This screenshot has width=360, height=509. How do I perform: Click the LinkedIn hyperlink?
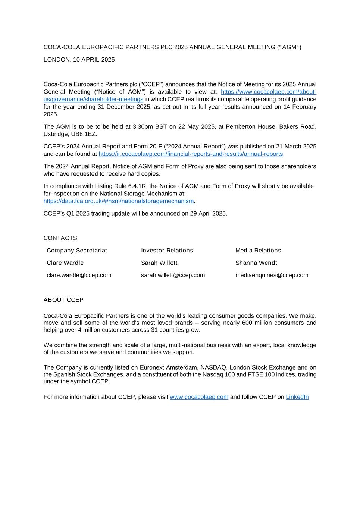(x=297, y=397)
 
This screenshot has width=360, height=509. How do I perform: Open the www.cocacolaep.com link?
(x=199, y=397)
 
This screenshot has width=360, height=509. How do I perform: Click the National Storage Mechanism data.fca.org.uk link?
(x=119, y=201)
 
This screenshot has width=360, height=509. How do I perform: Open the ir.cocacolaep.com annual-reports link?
(x=191, y=154)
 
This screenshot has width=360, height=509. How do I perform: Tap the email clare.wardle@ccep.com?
(x=79, y=275)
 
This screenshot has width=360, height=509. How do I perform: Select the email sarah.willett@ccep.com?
(x=173, y=275)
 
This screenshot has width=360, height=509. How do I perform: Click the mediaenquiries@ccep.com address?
(x=272, y=275)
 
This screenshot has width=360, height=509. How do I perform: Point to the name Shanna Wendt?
(x=256, y=263)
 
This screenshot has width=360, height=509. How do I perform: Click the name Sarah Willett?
(x=159, y=263)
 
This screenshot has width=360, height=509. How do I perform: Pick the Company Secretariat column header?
(x=77, y=251)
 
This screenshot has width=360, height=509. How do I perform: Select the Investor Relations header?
(x=167, y=251)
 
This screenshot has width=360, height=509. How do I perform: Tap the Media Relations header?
(x=258, y=251)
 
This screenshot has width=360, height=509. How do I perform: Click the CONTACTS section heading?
(x=60, y=238)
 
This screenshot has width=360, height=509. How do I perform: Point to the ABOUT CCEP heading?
(x=63, y=300)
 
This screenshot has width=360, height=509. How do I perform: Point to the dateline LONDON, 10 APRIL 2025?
(x=79, y=60)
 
